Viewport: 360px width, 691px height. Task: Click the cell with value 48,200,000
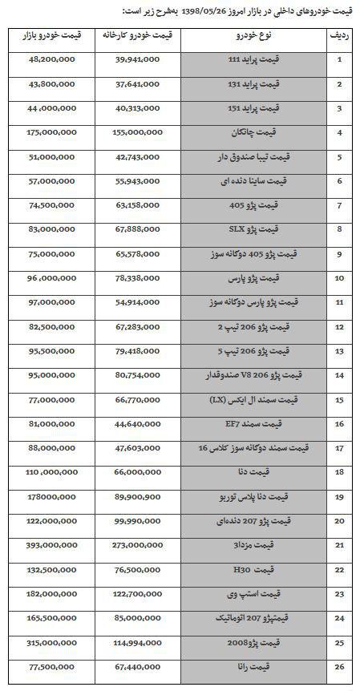[51, 59]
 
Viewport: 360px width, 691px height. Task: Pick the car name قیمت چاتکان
[253, 132]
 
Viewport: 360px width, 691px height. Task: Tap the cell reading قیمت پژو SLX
[253, 229]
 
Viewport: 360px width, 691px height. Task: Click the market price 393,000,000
[51, 544]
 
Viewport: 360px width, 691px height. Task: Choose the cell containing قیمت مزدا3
[253, 544]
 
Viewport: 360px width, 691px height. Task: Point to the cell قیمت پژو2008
[253, 642]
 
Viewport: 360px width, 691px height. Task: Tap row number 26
[339, 666]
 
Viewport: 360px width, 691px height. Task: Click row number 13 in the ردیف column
[339, 350]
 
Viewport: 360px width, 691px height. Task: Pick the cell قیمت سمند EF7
[253, 423]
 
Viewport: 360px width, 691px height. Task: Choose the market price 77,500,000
[51, 666]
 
